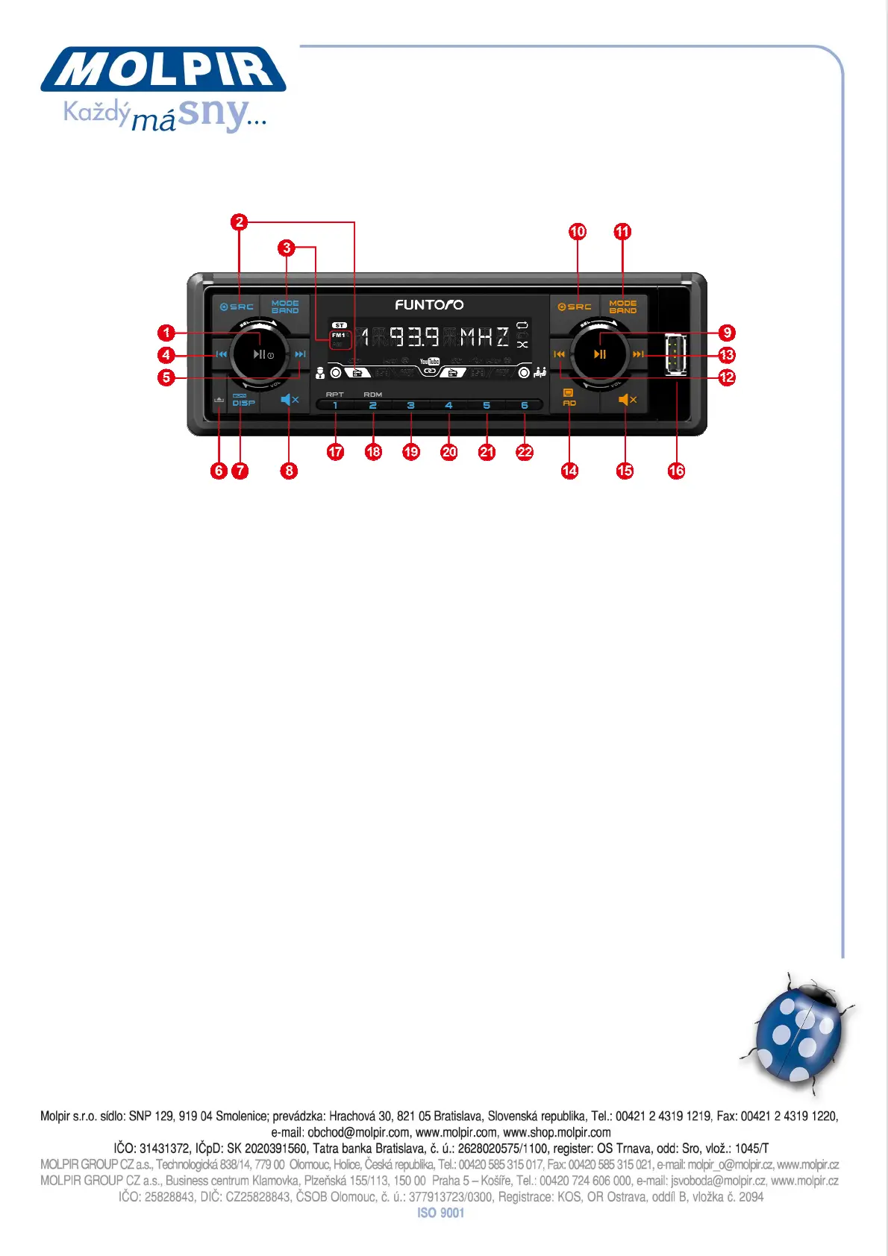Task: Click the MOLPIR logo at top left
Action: click(163, 69)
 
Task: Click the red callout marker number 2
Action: click(239, 222)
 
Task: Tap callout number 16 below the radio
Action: click(676, 471)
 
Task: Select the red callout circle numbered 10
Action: click(578, 231)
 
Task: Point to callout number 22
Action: click(525, 452)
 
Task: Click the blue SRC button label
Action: click(237, 307)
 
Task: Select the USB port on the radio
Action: click(675, 354)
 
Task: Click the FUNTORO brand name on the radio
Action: click(429, 304)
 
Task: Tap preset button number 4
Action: click(448, 406)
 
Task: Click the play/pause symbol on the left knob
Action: click(259, 354)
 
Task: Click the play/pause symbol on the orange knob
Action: click(600, 354)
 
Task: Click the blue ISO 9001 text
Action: click(440, 1213)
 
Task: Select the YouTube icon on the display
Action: click(429, 362)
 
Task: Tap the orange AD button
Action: click(569, 398)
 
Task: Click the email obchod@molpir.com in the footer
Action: click(358, 1132)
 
